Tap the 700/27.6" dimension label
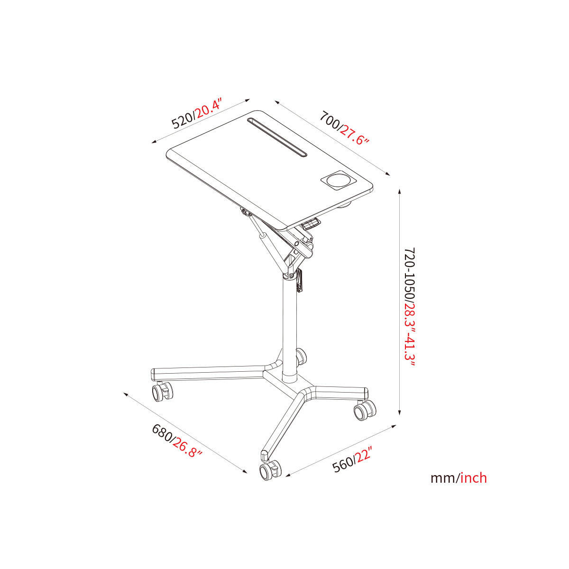click(345, 128)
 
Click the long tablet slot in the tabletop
click(277, 137)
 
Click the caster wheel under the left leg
click(162, 392)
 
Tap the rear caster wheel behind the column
click(301, 357)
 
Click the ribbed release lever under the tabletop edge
click(310, 223)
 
